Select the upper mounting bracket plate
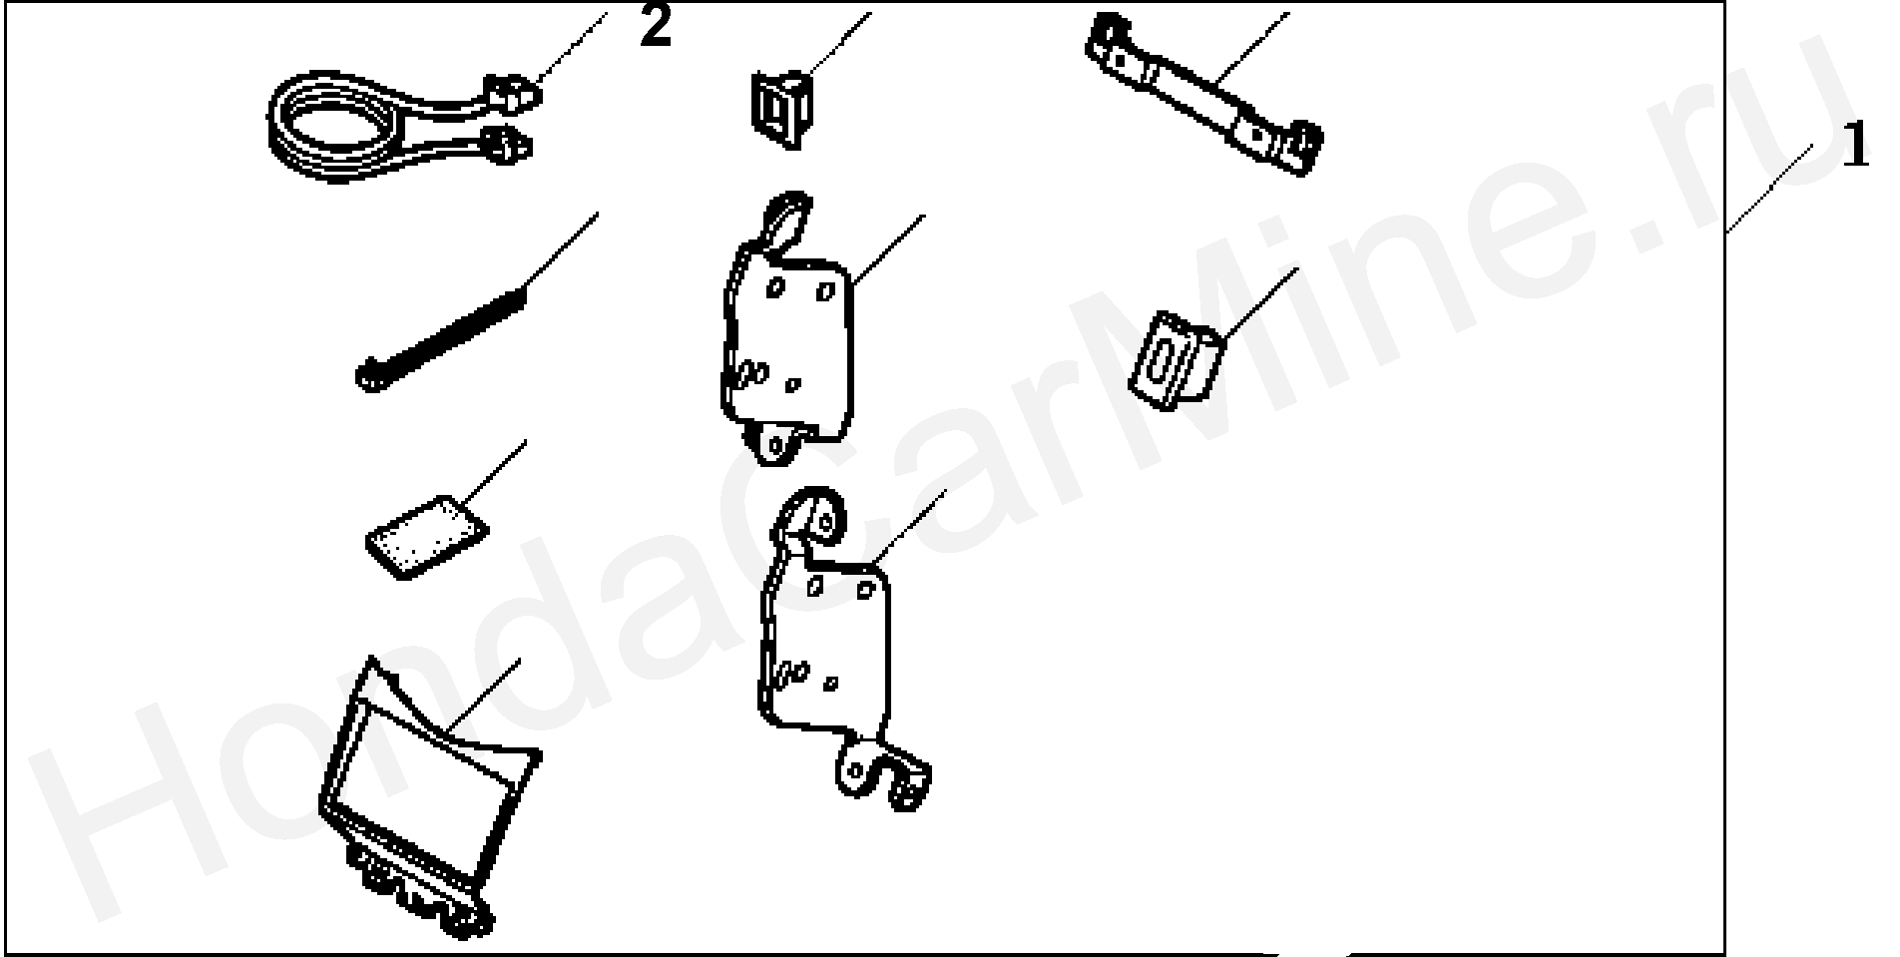(x=785, y=329)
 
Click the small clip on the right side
(x=1176, y=357)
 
